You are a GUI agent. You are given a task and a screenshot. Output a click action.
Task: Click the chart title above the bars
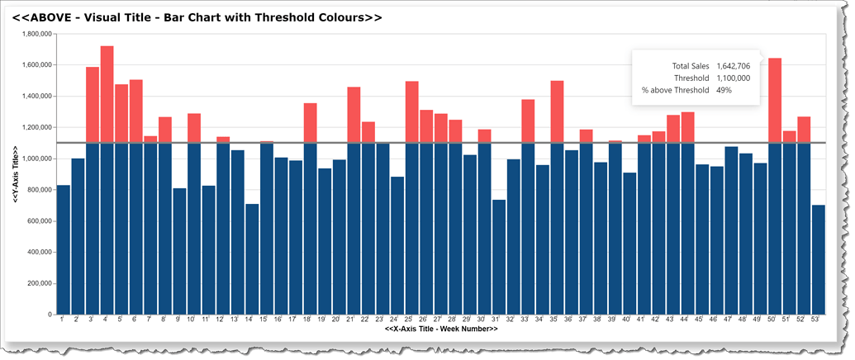[197, 17]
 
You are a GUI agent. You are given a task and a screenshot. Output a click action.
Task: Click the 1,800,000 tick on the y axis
[36, 34]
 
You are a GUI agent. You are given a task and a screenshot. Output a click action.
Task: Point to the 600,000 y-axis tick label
[39, 221]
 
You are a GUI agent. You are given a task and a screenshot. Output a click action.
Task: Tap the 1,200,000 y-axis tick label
[36, 127]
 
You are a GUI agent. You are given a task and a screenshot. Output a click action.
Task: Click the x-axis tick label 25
[408, 320]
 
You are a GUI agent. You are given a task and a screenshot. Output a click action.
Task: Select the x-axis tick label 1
[61, 320]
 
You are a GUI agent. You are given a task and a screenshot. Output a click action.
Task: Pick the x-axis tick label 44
[684, 320]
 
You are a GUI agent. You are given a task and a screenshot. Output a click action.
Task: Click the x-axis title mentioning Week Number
[441, 329]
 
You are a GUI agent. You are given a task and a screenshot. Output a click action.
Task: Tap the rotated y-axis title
[16, 173]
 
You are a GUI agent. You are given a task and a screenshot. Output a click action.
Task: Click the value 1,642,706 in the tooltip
[733, 65]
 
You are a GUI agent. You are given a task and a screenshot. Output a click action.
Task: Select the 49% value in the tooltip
[724, 90]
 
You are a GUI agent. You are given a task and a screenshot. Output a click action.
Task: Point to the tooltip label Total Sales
[691, 65]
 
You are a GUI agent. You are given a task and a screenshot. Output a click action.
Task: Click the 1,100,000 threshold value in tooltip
[733, 78]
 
